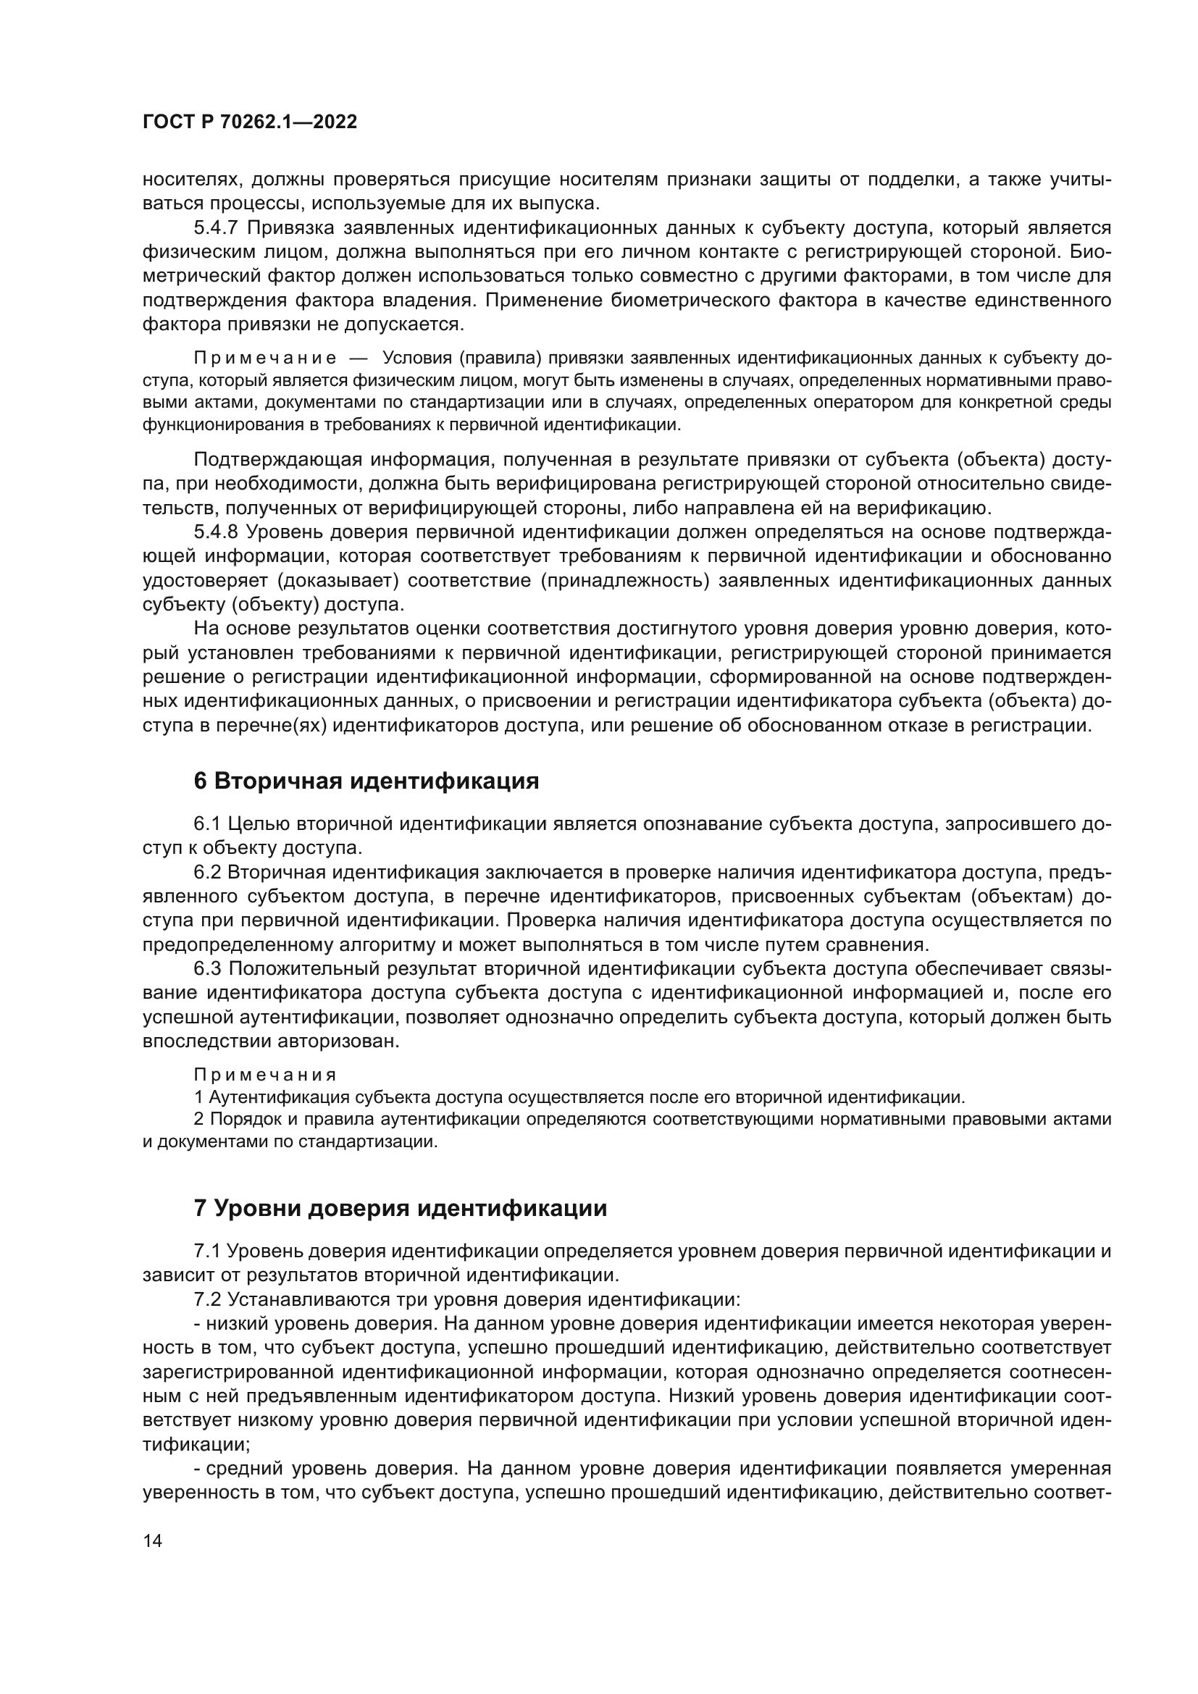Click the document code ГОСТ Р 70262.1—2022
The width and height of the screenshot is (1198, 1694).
[x=250, y=122]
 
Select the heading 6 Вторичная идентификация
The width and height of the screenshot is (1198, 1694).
[x=366, y=781]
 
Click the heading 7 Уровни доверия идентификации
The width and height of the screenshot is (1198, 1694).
[x=400, y=1209]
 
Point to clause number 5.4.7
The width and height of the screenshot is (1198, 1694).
[x=215, y=227]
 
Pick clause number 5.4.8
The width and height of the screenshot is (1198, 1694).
[x=215, y=532]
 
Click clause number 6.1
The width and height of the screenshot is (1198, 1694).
[x=207, y=823]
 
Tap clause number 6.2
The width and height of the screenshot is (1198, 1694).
[x=207, y=872]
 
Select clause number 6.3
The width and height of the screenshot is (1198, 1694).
[x=207, y=969]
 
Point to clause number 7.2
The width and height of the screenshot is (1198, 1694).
[x=207, y=1299]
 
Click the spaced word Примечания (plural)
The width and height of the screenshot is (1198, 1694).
[x=265, y=1074]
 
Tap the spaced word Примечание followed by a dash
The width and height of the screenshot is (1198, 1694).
[x=265, y=358]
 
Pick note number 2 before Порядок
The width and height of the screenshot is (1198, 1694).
[x=198, y=1118]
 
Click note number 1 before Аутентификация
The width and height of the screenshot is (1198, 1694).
[x=198, y=1097]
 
